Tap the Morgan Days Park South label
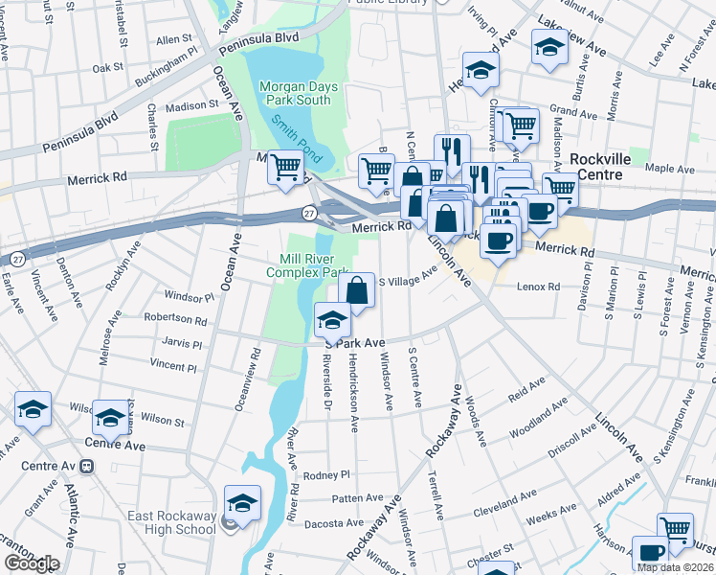pyautogui.click(x=297, y=93)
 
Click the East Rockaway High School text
pyautogui.click(x=172, y=522)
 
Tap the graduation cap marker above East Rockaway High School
pyautogui.click(x=242, y=503)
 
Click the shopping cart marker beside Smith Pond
pyautogui.click(x=286, y=168)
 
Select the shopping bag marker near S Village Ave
pyautogui.click(x=356, y=289)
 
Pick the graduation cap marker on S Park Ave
pyautogui.click(x=332, y=318)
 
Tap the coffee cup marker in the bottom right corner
pyautogui.click(x=650, y=553)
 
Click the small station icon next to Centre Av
pyautogui.click(x=87, y=467)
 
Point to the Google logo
pyautogui.click(x=31, y=563)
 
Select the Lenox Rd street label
pyautogui.click(x=538, y=287)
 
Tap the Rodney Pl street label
pyautogui.click(x=327, y=475)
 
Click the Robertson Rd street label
pyautogui.click(x=175, y=319)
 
